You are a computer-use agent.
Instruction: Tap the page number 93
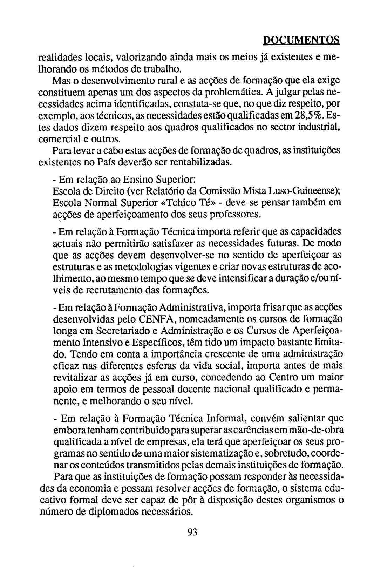coord(192,532)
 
